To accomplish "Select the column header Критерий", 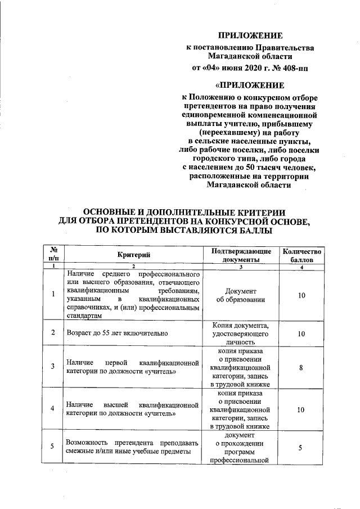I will pos(134,255).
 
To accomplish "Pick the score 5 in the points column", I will pos(301,447).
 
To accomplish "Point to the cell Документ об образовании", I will pos(241,295).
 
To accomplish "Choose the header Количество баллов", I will pos(301,255).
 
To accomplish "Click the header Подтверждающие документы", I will pos(241,255).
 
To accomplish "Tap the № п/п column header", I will pos(52,254).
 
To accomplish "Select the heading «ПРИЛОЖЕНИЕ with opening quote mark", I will pos(250,85).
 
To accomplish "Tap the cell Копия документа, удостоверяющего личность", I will pos(241,333).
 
